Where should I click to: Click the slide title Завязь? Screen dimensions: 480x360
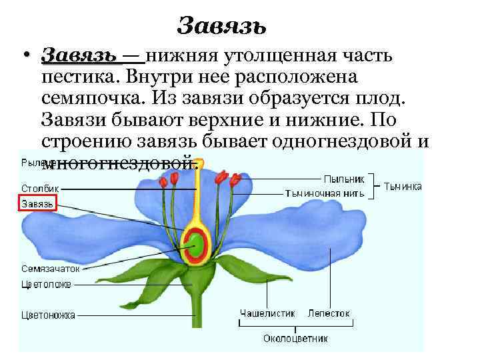[x=222, y=26]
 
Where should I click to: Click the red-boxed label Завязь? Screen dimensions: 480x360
[x=37, y=203]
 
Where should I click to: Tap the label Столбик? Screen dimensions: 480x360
[x=41, y=189]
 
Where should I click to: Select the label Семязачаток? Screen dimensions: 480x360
[x=50, y=269]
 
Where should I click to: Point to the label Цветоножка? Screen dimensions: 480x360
[x=48, y=315]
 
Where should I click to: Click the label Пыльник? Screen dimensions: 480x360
[x=343, y=179]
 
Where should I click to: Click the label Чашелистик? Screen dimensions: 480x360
[x=266, y=313]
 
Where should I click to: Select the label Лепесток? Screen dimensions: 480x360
[x=328, y=313]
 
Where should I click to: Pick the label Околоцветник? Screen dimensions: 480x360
[x=295, y=339]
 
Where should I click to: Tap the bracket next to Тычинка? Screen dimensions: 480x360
[x=377, y=186]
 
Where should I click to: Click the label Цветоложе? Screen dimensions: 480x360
[x=46, y=284]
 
